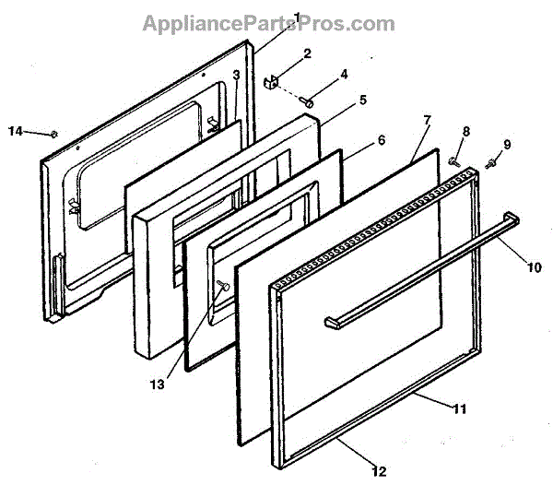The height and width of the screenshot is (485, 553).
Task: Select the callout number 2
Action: [308, 53]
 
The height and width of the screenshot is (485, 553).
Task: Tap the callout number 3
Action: [236, 75]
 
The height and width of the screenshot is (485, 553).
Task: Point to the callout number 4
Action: [344, 75]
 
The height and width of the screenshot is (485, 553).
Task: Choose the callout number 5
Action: [363, 99]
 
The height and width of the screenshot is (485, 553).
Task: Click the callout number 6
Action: [382, 142]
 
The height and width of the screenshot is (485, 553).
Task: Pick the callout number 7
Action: [427, 121]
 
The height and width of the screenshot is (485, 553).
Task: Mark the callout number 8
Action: [465, 132]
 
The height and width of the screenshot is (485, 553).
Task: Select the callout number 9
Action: [505, 144]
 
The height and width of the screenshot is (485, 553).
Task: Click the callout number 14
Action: [15, 131]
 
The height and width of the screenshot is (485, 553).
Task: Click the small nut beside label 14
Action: [54, 135]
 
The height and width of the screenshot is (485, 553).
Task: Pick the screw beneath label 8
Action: [453, 161]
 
